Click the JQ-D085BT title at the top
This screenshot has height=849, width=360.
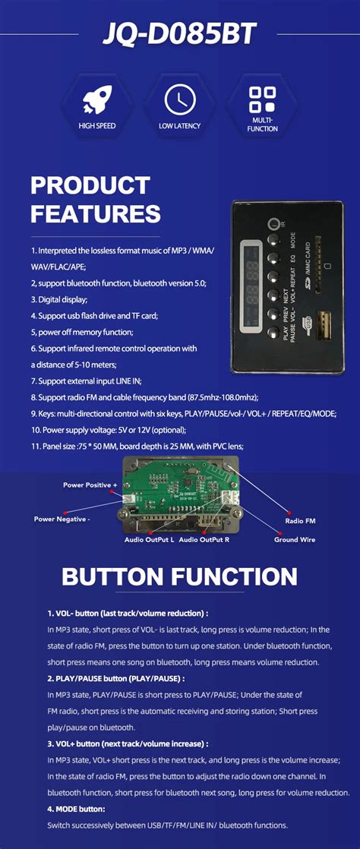tap(179, 34)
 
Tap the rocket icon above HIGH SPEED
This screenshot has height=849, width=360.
tap(96, 99)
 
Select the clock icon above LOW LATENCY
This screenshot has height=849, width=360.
tap(179, 99)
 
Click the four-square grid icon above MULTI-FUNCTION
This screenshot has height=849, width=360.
tap(262, 99)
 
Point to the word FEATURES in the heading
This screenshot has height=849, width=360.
tap(95, 213)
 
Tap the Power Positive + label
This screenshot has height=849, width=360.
tap(90, 484)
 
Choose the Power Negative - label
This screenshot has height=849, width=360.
tap(62, 519)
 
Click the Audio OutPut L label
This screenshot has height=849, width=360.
tap(149, 540)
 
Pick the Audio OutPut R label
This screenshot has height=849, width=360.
tap(204, 540)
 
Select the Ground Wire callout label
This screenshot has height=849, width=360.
tap(295, 540)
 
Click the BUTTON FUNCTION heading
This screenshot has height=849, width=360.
tap(179, 576)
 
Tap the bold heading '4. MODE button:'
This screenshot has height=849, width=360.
tap(76, 810)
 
